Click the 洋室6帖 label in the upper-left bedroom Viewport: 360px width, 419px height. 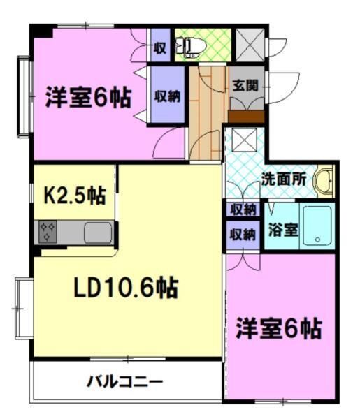[88, 97]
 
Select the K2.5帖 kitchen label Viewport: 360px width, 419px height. [75, 196]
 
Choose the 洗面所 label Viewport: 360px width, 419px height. [284, 178]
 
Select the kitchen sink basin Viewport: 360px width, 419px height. [97, 232]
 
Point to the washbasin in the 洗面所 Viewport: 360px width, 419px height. [324, 180]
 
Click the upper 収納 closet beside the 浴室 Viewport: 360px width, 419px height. [242, 209]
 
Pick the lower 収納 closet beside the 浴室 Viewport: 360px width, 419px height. [242, 235]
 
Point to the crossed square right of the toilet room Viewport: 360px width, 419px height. [248, 43]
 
